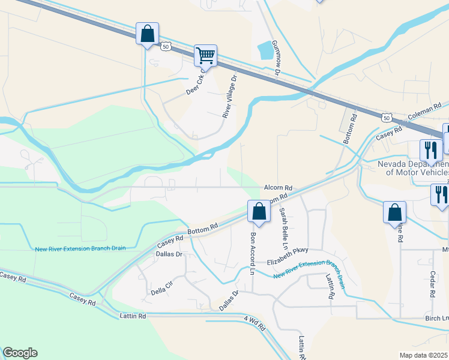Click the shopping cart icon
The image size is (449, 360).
205,55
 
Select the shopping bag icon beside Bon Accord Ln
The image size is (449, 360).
259,211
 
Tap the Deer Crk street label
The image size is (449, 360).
196,82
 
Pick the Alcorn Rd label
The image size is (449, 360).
277,188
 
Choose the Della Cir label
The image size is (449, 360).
161,292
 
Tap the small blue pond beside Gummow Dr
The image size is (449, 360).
264,50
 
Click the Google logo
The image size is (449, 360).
20,353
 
